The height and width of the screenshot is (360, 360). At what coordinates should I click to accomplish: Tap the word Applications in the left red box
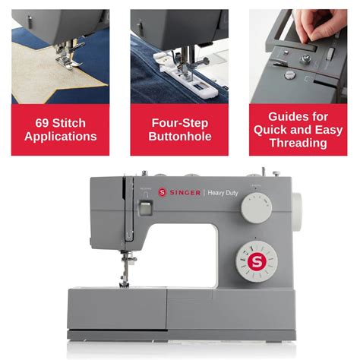point(60,137)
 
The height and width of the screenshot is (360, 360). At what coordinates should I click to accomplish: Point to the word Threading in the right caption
point(298,143)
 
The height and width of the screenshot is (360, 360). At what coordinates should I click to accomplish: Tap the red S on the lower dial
point(255,262)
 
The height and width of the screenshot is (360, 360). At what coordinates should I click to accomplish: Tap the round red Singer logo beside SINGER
point(162,193)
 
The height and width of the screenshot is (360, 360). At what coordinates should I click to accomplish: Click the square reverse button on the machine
point(145,207)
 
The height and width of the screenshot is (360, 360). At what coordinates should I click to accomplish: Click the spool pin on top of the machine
point(263,172)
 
